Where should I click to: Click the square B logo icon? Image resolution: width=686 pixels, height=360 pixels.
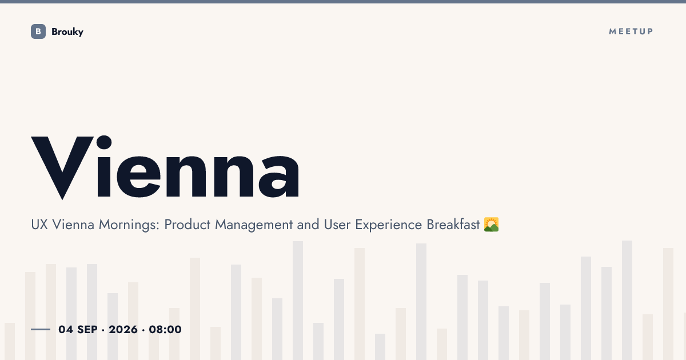(x=38, y=31)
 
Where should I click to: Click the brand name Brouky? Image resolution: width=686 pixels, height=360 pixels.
(x=67, y=32)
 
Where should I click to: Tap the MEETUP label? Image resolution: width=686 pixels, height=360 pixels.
(x=631, y=31)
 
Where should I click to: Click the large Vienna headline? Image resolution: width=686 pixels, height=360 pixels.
(x=165, y=167)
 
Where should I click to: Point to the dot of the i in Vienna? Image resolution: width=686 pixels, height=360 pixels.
(x=104, y=142)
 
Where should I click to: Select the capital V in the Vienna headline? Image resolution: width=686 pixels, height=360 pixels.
(x=62, y=168)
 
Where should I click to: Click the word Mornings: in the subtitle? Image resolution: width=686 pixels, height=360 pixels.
(x=129, y=225)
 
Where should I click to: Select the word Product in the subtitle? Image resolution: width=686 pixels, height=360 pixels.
(x=188, y=225)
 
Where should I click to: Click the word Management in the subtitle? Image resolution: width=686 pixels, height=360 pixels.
(x=254, y=225)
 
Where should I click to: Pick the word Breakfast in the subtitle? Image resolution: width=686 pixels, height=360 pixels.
(x=453, y=225)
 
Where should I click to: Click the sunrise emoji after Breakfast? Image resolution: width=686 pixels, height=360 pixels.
(x=491, y=225)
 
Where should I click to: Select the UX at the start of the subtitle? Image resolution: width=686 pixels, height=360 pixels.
(x=39, y=225)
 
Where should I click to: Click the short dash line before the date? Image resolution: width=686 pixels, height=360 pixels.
(x=41, y=329)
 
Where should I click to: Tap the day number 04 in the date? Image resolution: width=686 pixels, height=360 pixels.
(x=66, y=329)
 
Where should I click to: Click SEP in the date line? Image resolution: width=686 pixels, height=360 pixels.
(x=87, y=329)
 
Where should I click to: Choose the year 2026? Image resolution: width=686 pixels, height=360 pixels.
(x=123, y=329)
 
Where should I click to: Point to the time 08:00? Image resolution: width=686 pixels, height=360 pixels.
(x=165, y=329)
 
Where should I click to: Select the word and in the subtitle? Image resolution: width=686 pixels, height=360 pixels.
(x=308, y=225)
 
